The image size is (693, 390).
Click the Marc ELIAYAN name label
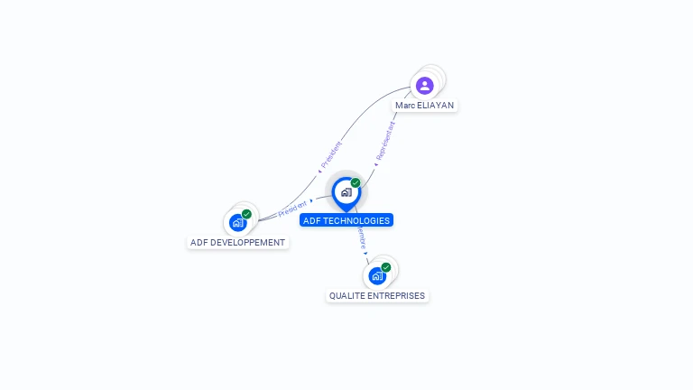tap(424, 105)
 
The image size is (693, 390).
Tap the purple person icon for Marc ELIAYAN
tap(424, 86)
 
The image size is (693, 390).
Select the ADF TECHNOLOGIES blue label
tap(346, 220)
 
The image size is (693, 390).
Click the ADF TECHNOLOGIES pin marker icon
tap(346, 192)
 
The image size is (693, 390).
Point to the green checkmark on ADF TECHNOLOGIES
tap(356, 183)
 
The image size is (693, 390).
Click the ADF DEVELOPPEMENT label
tap(238, 242)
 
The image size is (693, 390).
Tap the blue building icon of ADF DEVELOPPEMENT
tap(237, 222)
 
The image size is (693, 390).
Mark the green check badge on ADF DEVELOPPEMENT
tap(246, 215)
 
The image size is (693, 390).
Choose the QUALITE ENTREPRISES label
tap(377, 295)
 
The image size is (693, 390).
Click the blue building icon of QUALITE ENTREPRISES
tap(376, 275)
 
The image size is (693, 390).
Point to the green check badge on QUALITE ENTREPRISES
tap(386, 267)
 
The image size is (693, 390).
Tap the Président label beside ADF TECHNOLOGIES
tap(293, 209)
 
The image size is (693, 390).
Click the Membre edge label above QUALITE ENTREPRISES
tap(361, 238)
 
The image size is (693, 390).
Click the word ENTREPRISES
tap(395, 295)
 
